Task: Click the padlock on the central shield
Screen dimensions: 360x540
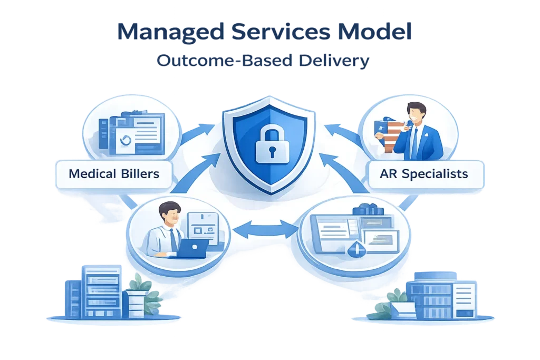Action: [x=269, y=144]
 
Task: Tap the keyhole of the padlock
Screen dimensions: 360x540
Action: [x=269, y=152]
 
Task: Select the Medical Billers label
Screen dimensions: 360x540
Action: [x=114, y=173]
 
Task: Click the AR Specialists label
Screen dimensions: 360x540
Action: [x=425, y=173]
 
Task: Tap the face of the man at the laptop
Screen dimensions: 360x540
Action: [x=170, y=216]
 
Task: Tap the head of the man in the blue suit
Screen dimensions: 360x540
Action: [x=416, y=114]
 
